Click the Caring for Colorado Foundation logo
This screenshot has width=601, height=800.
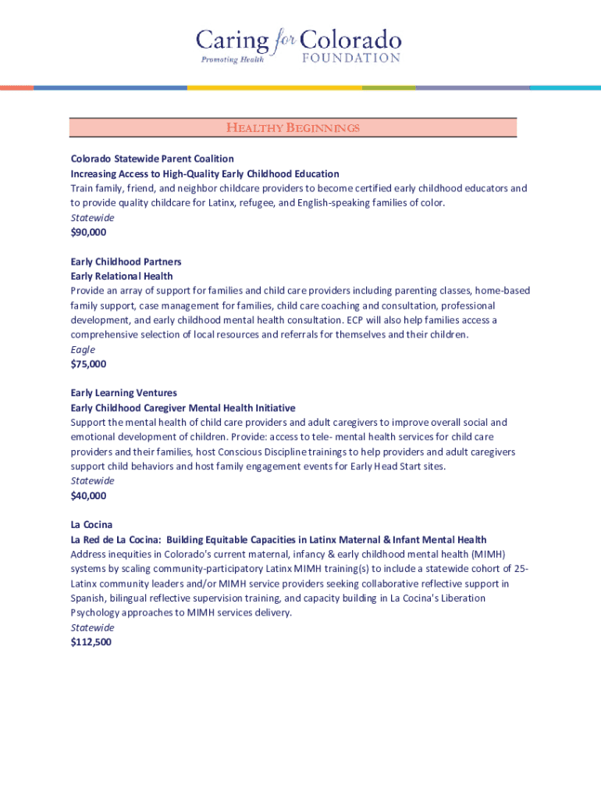pyautogui.click(x=299, y=47)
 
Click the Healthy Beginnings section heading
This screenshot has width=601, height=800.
pyautogui.click(x=293, y=127)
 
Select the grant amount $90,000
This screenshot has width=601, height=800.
pyautogui.click(x=88, y=232)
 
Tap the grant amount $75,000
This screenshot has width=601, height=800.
pyautogui.click(x=88, y=364)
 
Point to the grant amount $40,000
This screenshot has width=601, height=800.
pyautogui.click(x=88, y=495)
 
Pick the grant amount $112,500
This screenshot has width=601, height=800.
pyautogui.click(x=91, y=642)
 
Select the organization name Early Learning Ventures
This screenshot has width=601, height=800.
pyautogui.click(x=123, y=393)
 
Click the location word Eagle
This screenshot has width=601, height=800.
pyautogui.click(x=83, y=349)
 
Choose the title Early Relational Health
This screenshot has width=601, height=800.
pyautogui.click(x=122, y=276)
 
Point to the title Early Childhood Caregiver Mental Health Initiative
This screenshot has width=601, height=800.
pyautogui.click(x=183, y=408)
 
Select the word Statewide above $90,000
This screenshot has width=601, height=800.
pyautogui.click(x=92, y=217)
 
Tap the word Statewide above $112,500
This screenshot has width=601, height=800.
pyautogui.click(x=92, y=627)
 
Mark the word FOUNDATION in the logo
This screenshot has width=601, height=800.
pyautogui.click(x=350, y=58)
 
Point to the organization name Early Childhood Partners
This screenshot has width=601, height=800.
pyautogui.click(x=126, y=262)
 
